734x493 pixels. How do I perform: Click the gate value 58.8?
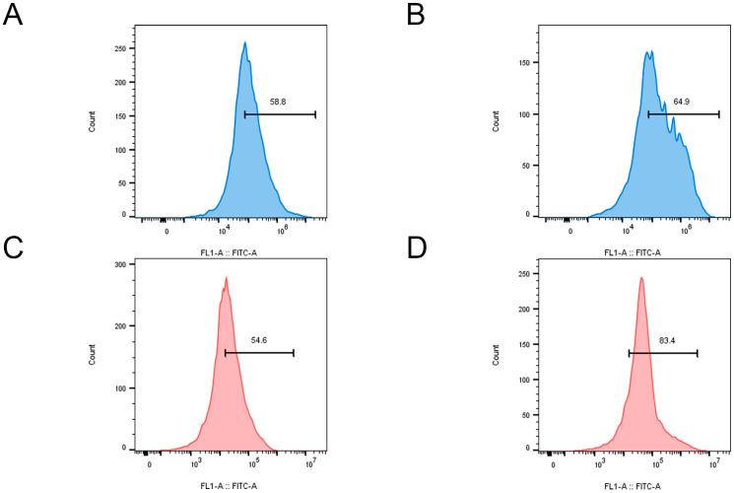(279, 102)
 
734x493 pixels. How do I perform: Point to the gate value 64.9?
(683, 102)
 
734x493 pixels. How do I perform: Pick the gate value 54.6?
(259, 339)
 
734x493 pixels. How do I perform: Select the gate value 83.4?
(667, 340)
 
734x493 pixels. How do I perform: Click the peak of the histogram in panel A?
(244, 42)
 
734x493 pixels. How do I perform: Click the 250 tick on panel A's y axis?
(122, 48)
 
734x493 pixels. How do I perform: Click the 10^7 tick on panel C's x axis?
(311, 462)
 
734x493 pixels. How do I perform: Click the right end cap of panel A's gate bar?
(315, 114)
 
